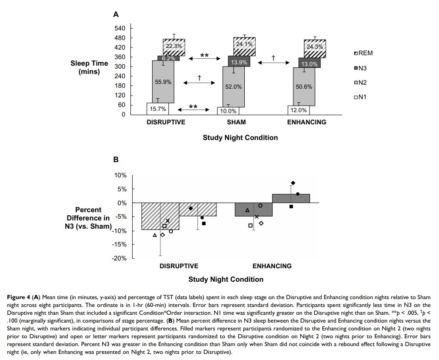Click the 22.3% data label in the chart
174,46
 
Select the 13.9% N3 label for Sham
239,63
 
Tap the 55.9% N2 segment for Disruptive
163,82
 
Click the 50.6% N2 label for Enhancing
304,87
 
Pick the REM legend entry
363,53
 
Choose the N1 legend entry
360,97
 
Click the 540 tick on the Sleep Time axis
120,28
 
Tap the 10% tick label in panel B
120,175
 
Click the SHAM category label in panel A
236,122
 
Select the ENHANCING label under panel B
272,266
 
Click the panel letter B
116,160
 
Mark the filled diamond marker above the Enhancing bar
293,183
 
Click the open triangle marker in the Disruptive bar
155,235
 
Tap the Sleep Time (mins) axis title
89,67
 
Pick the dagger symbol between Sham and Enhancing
273,57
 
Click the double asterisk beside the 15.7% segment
193,107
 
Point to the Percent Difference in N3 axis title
89,218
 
